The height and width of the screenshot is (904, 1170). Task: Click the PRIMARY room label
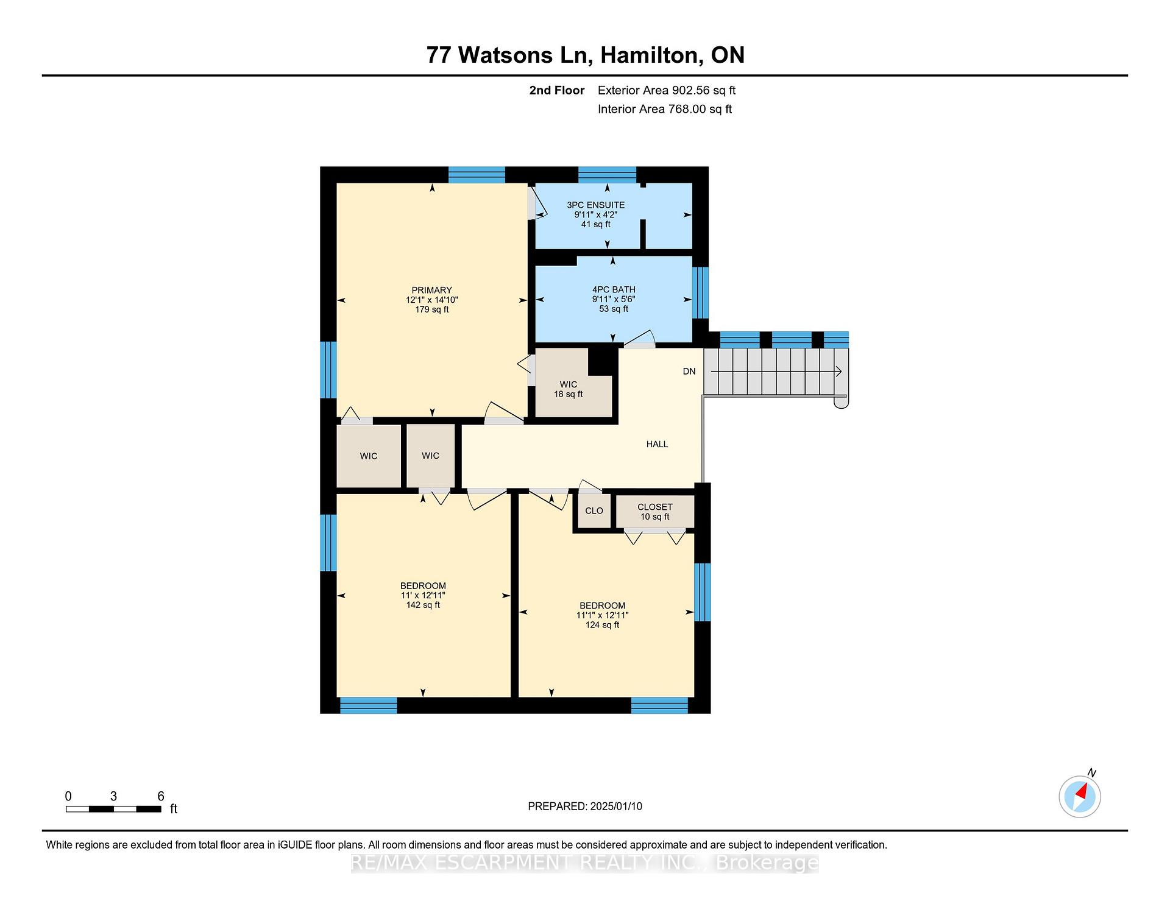tap(431, 290)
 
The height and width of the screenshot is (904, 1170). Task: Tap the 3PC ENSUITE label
tap(595, 205)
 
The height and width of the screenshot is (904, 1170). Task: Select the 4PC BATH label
tap(614, 290)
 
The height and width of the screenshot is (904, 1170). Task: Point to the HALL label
tap(657, 445)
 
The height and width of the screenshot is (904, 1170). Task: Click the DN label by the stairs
tap(689, 372)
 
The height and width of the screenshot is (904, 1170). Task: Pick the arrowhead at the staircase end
tap(839, 371)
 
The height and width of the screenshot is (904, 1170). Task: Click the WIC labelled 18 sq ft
tap(568, 389)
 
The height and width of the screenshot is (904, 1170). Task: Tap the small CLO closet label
tap(594, 511)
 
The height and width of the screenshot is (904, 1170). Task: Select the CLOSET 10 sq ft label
tap(655, 512)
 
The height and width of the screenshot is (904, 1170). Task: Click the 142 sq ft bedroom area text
tap(423, 605)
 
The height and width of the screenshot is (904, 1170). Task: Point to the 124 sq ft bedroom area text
tap(602, 625)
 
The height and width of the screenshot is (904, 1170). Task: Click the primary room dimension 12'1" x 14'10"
tap(432, 300)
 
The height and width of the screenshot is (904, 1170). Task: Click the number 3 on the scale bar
tap(113, 796)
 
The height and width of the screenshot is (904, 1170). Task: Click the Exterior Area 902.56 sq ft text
tap(667, 91)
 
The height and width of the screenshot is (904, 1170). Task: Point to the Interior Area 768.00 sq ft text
tap(665, 110)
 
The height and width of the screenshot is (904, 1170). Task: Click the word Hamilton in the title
tap(650, 55)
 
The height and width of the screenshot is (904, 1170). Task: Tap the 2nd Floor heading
tap(557, 91)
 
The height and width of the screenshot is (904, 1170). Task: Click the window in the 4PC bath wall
tap(701, 292)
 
